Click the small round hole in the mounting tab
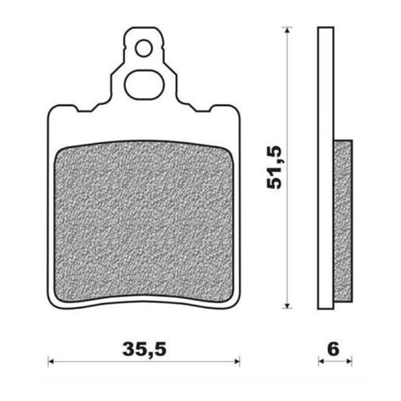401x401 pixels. pos(144,49)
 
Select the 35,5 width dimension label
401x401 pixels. pos(145,349)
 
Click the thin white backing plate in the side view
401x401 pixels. pos(326,160)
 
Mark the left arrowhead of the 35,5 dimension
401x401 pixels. pos(51,360)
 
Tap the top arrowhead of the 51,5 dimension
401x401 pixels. pos(286,32)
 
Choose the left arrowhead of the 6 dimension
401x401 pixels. pos(321,360)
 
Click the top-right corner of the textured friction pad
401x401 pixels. pos(231,148)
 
